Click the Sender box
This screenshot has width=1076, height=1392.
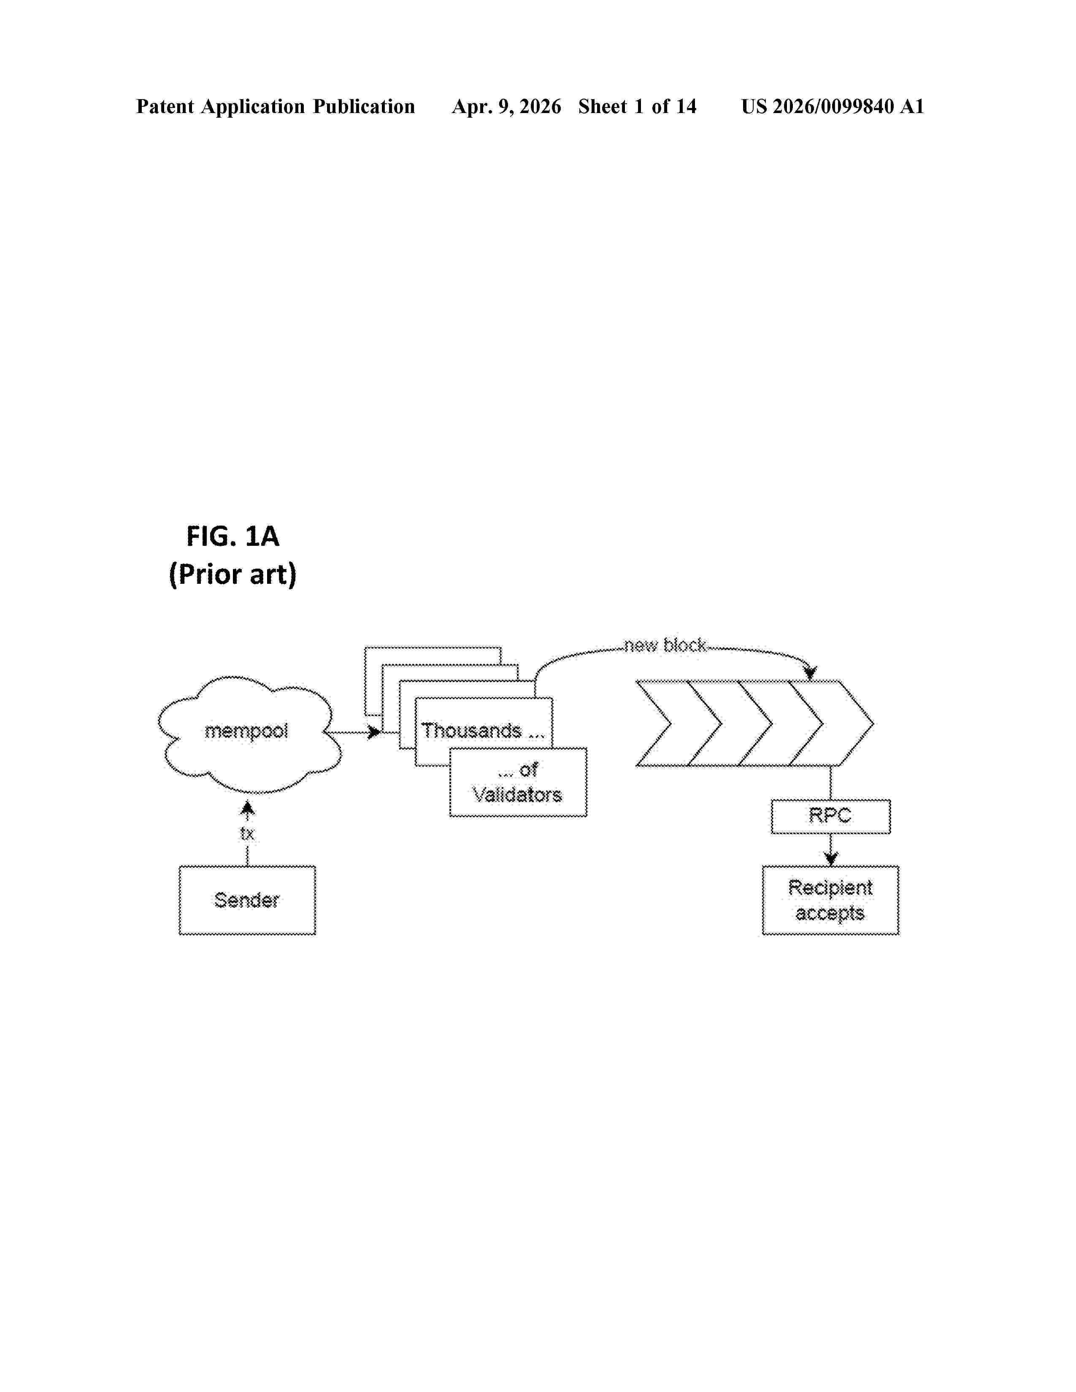pos(247,900)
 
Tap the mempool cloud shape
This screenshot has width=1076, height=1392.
pos(249,734)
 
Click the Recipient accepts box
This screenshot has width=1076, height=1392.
pos(830,900)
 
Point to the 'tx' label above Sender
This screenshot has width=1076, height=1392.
pos(247,833)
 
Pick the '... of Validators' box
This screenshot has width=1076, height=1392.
pos(518,782)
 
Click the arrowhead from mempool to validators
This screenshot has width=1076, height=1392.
pos(375,732)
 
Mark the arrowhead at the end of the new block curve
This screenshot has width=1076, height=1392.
pos(810,672)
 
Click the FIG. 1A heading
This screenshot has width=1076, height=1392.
pos(233,536)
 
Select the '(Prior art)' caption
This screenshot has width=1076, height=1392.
pos(233,574)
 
